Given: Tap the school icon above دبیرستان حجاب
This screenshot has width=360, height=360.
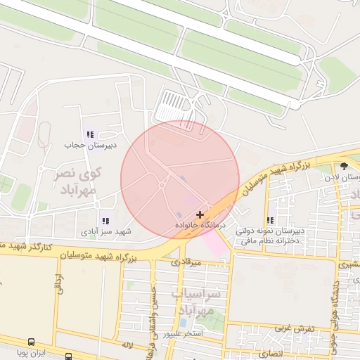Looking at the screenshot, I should (x=89, y=134).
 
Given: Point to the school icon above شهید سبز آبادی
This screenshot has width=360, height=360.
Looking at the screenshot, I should (x=105, y=221).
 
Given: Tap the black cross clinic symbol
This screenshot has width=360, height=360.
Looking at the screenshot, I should (x=200, y=214).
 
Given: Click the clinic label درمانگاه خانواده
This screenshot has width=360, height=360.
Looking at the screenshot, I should (x=200, y=225).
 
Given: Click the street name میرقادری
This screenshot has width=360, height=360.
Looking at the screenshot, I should (x=186, y=262).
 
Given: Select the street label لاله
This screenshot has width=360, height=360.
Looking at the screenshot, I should (x=127, y=345).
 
